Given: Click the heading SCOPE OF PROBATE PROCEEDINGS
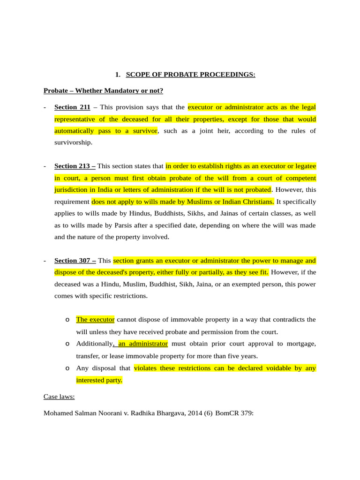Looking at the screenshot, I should [x=190, y=75].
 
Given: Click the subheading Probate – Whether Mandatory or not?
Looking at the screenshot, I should [x=103, y=90].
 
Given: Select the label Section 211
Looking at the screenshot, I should [x=72, y=107].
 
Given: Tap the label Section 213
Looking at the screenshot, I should [x=75, y=166].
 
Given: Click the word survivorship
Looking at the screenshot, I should [x=74, y=142].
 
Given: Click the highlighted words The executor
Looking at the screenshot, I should [x=95, y=320].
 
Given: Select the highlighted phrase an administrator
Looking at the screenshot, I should [x=142, y=344].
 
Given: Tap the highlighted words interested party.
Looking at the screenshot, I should [x=99, y=380].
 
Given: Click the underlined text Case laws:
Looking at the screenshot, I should [x=59, y=397].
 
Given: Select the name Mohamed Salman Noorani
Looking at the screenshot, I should [x=83, y=413].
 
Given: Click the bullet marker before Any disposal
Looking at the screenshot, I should [x=67, y=368].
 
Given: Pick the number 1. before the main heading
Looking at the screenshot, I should [x=118, y=75].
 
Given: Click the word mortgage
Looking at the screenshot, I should [x=301, y=344].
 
